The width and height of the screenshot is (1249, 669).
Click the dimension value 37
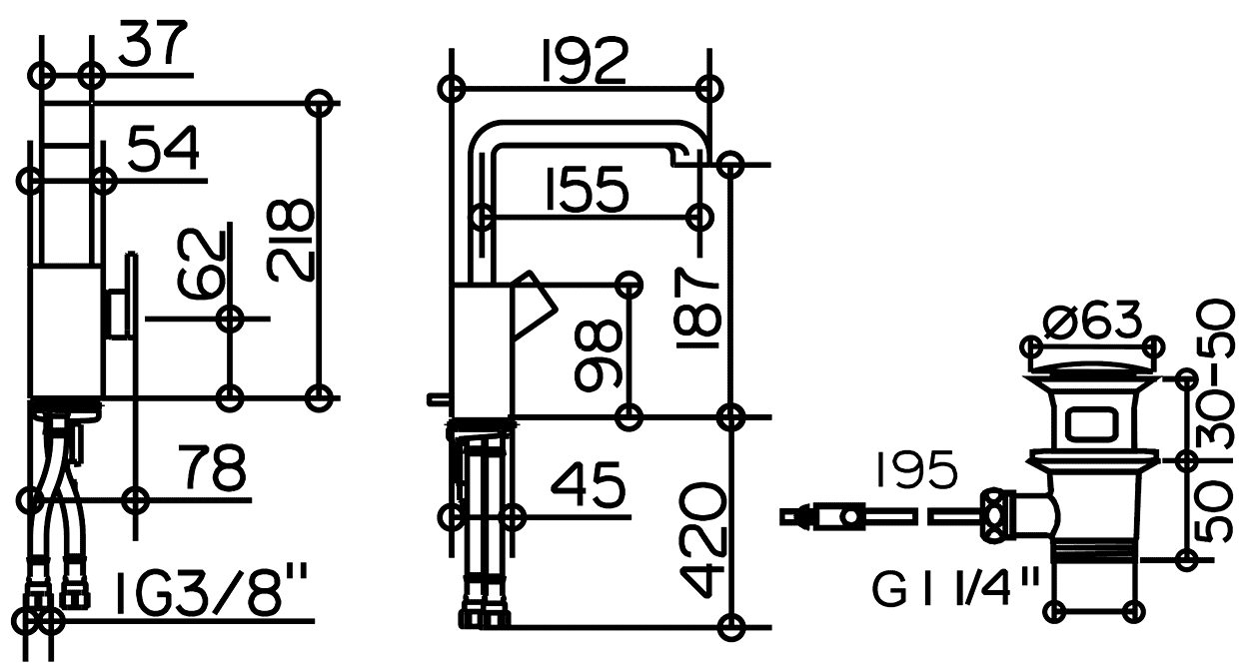(x=152, y=43)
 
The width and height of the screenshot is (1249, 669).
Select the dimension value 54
(x=164, y=148)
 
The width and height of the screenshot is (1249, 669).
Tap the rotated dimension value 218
(x=291, y=242)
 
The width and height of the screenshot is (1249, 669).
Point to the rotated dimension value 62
(x=202, y=263)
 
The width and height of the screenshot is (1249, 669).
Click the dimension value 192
(x=585, y=61)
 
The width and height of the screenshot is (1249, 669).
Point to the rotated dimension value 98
(x=598, y=355)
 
